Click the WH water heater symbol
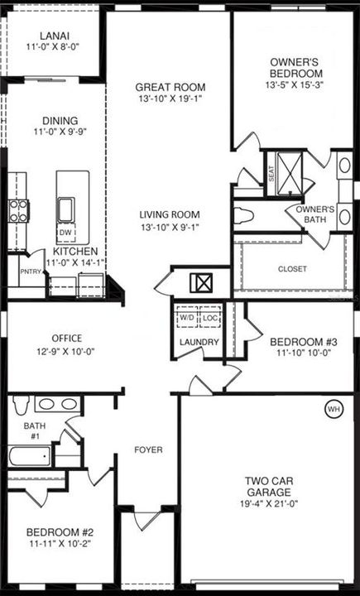(x=334, y=408)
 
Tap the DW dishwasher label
(x=64, y=233)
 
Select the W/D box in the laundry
(x=187, y=317)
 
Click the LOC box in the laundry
(x=209, y=317)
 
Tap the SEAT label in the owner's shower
(x=271, y=174)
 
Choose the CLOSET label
(x=292, y=269)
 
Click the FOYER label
(x=149, y=450)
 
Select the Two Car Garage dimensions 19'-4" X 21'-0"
(x=266, y=493)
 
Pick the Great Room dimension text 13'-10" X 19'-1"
(x=170, y=100)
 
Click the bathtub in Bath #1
(x=31, y=457)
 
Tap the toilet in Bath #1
(x=22, y=404)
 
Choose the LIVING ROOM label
(x=170, y=214)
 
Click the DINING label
(x=53, y=118)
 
